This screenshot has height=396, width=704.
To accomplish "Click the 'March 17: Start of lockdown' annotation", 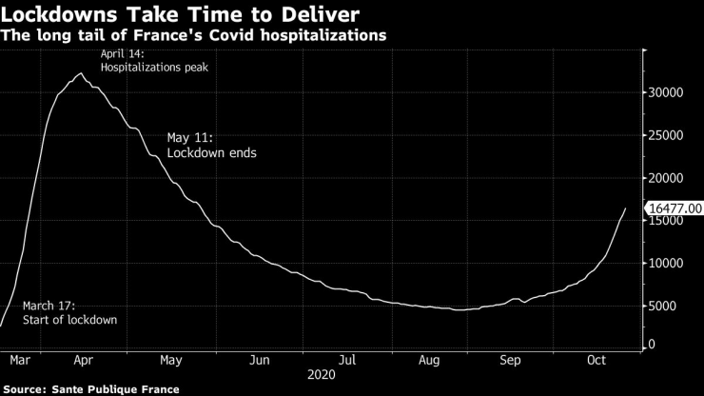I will pos(69,312).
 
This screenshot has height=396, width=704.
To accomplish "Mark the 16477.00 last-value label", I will pos(675,208).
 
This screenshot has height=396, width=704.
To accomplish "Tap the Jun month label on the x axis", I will pos(260,360).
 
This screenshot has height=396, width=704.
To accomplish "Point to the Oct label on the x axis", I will pos(596,360).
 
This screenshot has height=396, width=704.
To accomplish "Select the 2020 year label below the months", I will pos(322,376).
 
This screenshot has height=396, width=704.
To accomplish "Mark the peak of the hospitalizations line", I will pos(81,73).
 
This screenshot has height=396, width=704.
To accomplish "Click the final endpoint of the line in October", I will pos(625,208).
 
